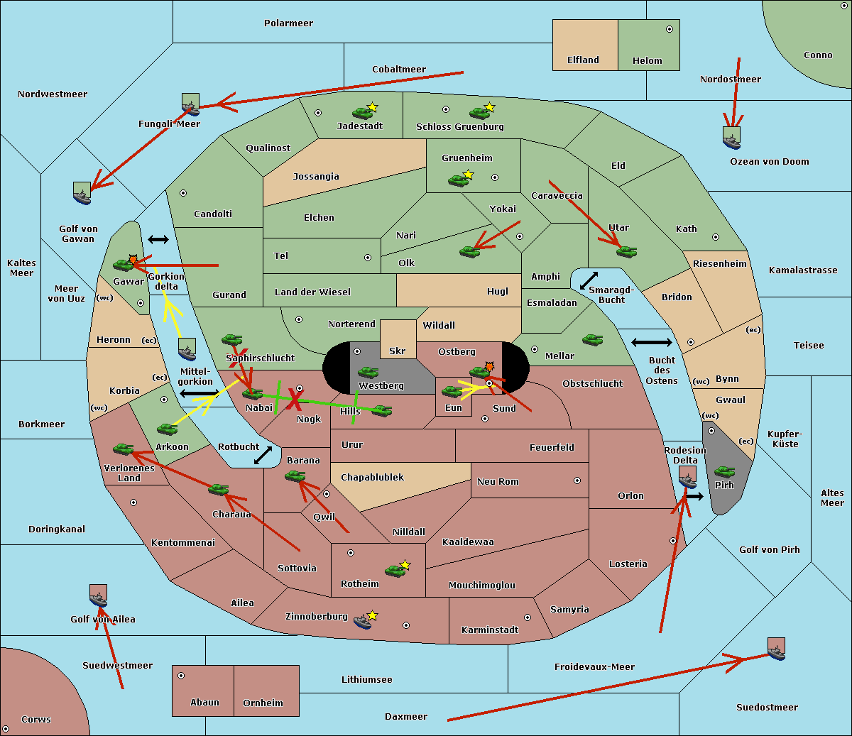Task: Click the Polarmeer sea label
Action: click(x=288, y=23)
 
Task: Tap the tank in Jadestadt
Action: click(x=362, y=112)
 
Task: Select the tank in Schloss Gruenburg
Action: click(x=479, y=112)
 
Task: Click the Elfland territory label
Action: click(x=583, y=60)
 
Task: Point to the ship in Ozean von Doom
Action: click(x=731, y=138)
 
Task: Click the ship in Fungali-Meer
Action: click(x=190, y=105)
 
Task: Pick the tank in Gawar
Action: click(x=124, y=265)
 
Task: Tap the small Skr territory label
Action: click(x=397, y=351)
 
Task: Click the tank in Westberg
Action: click(x=368, y=373)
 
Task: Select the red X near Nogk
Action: click(x=292, y=399)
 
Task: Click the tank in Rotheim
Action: click(x=395, y=570)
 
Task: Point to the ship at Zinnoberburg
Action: click(x=363, y=622)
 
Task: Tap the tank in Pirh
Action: click(x=724, y=472)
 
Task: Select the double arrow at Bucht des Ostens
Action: click(x=651, y=343)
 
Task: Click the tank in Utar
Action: click(x=626, y=251)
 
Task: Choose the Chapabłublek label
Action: click(x=372, y=478)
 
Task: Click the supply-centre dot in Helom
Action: click(x=669, y=29)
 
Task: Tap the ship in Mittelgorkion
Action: click(x=187, y=350)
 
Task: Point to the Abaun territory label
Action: click(x=204, y=703)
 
